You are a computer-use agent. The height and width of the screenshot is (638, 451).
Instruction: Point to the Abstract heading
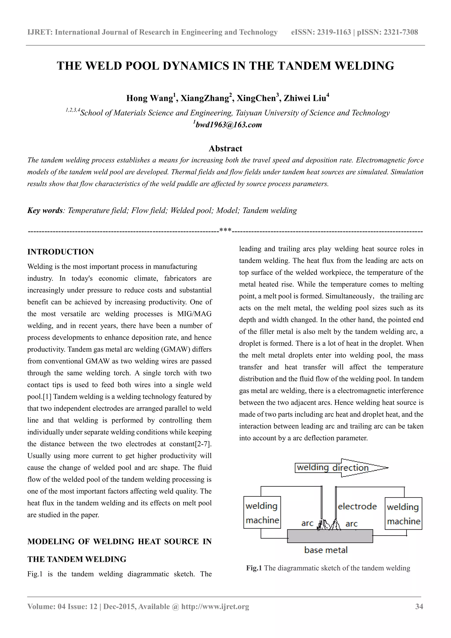tap(225, 148)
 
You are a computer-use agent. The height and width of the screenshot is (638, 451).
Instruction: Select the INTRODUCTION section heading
tap(61, 252)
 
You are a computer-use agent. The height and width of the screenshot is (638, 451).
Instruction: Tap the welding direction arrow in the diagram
tap(341, 468)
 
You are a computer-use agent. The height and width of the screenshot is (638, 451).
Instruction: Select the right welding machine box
tap(403, 514)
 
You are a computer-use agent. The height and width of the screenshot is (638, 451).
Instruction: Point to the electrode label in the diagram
tap(357, 506)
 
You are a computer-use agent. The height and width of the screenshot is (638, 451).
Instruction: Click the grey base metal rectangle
tap(330, 536)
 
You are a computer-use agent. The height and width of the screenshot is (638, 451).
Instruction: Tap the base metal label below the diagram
tap(326, 550)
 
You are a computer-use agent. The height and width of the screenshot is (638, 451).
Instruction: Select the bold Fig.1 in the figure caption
tap(254, 568)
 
